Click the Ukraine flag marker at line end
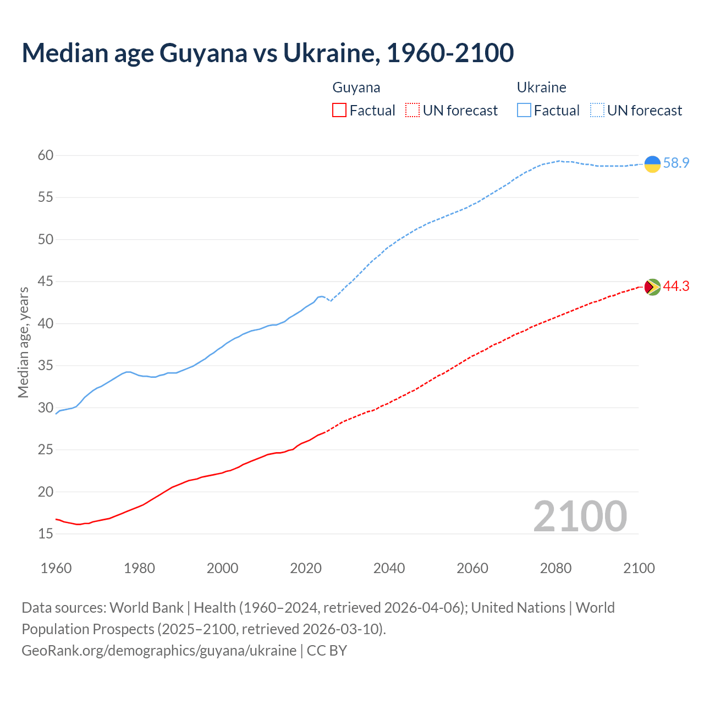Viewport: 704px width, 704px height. pos(652,164)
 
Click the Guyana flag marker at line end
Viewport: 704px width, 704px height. pos(652,287)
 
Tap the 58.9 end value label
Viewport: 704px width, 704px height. pos(676,163)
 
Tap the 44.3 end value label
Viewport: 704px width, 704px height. pos(676,287)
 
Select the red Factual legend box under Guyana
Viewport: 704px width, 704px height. pos(339,111)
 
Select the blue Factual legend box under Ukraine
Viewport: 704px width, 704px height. pos(524,111)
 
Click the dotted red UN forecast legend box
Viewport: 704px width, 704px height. pos(413,111)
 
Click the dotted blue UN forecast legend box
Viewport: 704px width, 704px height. pos(597,111)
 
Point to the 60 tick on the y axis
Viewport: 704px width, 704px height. pos(46,156)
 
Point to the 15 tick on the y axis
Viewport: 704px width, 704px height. pos(46,534)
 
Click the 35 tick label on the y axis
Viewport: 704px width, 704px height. pos(46,366)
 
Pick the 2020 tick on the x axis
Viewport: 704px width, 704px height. pos(306,568)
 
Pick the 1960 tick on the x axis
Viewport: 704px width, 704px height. pos(56,568)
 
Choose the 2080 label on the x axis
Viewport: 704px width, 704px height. pos(555,568)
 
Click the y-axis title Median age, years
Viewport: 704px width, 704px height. pos(24,342)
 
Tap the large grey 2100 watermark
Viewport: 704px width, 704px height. pos(580,516)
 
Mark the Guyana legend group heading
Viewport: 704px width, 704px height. pos(356,87)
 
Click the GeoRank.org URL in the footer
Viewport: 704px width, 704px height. pos(159,651)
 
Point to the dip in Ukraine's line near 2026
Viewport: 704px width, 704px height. pos(331,301)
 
